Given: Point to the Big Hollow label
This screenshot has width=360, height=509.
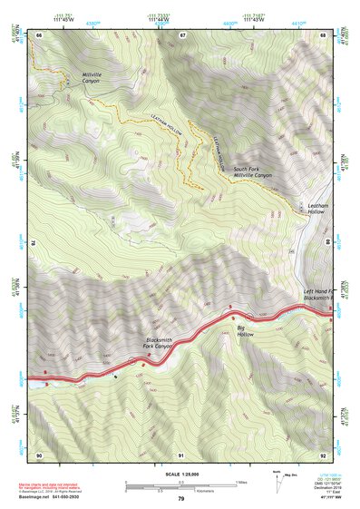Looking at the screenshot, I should (245, 331).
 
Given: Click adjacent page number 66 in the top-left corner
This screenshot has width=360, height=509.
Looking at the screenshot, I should (39, 34).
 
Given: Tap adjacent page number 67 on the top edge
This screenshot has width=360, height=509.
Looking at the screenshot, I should (182, 34).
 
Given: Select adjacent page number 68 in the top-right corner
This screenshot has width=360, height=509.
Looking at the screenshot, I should (323, 34).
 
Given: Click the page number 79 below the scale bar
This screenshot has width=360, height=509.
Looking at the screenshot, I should (181, 499).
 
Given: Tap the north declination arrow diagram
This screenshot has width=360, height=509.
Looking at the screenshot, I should (277, 478).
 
